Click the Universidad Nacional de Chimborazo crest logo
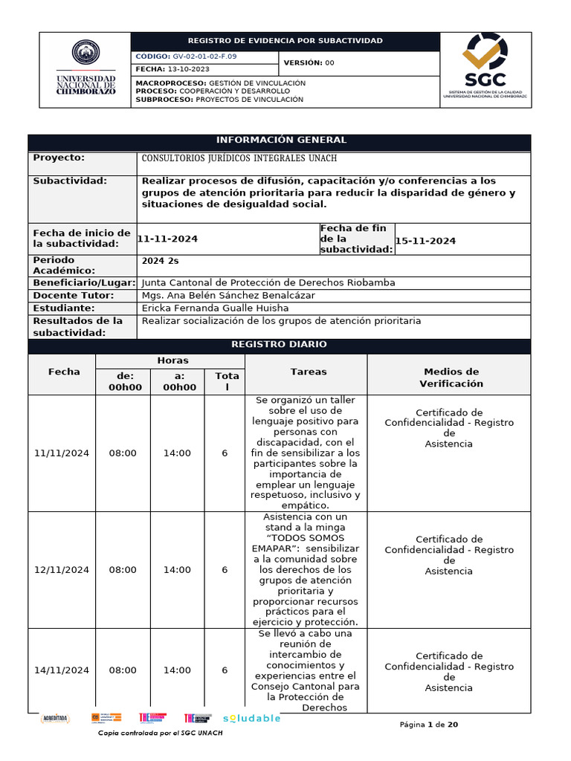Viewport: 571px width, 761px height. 86,53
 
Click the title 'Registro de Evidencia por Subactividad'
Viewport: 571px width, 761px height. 285,40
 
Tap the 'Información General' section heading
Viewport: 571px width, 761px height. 280,140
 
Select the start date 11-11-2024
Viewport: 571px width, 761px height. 168,239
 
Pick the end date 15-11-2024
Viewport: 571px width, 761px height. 425,241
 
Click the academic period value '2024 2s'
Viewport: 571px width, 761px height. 160,261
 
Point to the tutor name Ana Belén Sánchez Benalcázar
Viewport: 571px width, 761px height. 228,296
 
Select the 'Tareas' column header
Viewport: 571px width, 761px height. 308,372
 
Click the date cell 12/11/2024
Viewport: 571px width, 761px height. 62,570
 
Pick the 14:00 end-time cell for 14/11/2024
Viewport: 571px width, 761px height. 177,670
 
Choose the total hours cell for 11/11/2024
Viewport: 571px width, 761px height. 225,453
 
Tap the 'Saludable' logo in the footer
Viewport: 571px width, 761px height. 251,719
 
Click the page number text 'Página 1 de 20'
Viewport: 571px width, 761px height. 428,725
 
